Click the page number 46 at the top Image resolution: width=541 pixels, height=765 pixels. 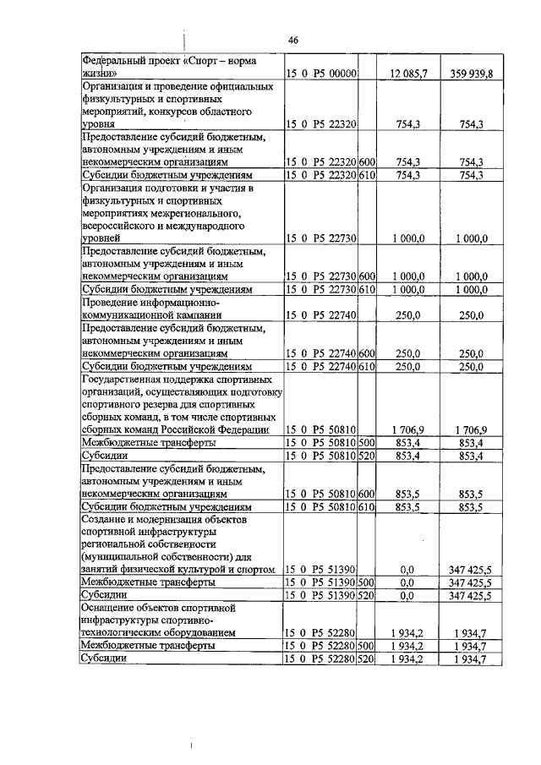(x=293, y=40)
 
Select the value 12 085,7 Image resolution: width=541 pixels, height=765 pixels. (x=408, y=74)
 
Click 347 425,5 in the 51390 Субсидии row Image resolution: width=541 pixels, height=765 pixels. (x=470, y=595)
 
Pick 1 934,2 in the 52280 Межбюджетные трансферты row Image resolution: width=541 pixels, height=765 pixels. (x=409, y=646)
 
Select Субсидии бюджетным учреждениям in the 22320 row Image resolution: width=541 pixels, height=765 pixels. (x=167, y=175)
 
